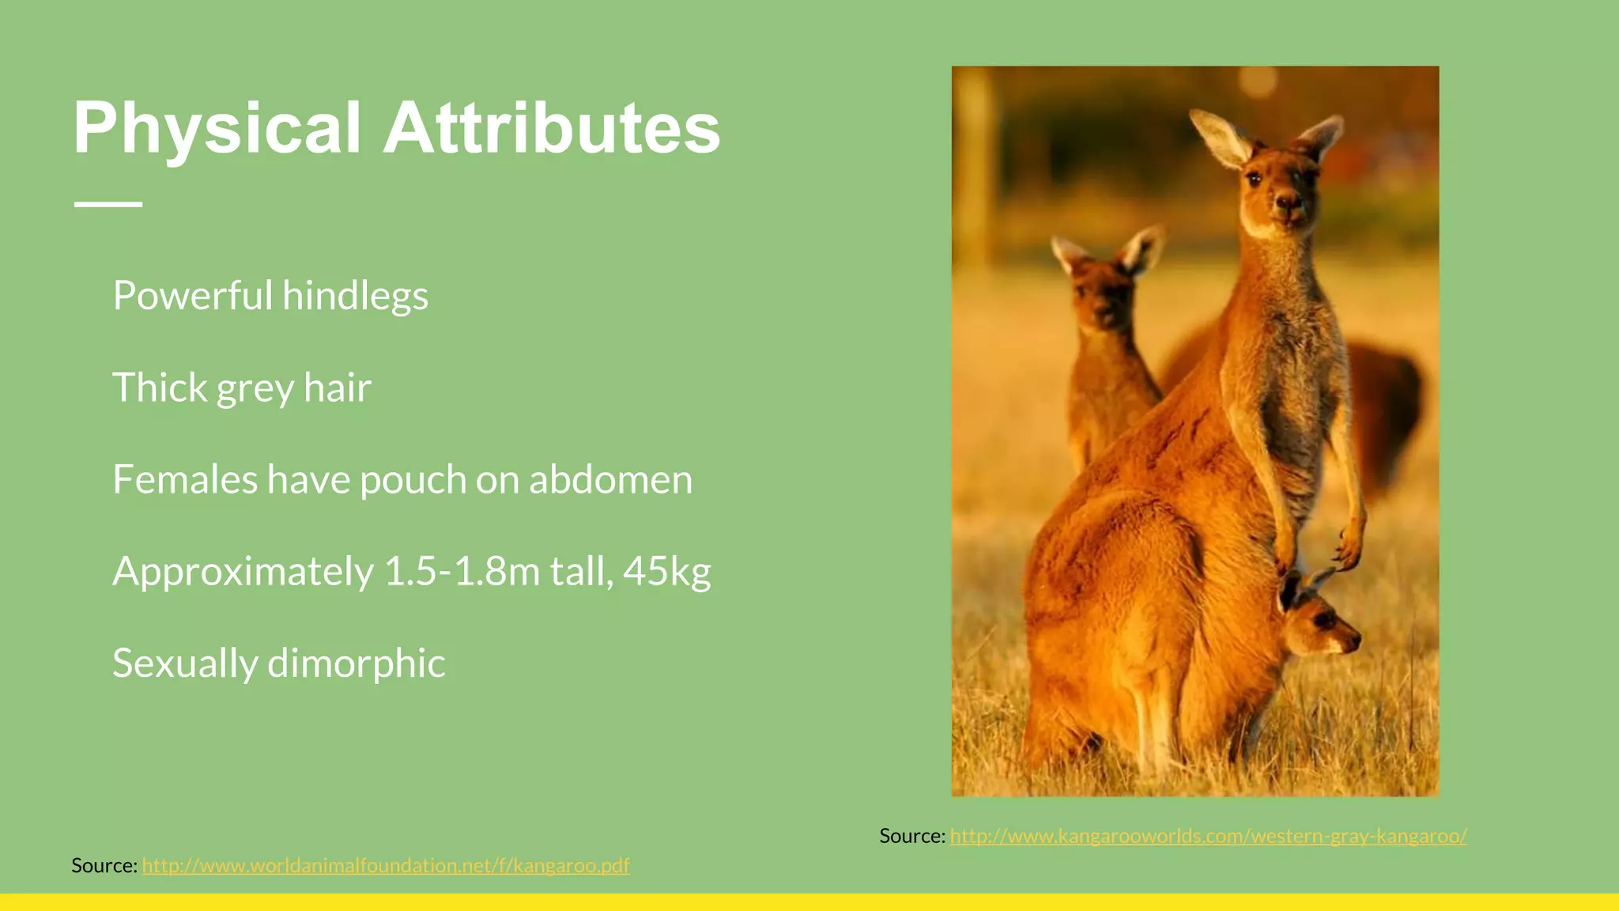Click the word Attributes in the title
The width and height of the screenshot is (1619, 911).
[x=552, y=128]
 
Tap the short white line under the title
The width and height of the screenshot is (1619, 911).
[x=108, y=204]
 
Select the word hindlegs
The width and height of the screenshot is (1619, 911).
[x=355, y=296]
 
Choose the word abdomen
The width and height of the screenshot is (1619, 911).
[x=610, y=480]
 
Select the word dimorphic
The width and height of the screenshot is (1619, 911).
[x=357, y=663]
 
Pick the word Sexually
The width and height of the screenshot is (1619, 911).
[x=185, y=663]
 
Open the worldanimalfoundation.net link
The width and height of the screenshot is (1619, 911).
[x=386, y=866]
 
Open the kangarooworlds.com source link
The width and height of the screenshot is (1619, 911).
[x=1208, y=836]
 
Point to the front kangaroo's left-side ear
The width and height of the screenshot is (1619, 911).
[x=1221, y=139]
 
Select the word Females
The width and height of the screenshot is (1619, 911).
[x=185, y=480]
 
